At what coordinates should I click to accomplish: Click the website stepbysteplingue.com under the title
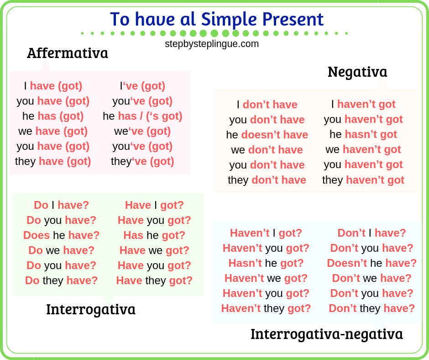tap(212, 44)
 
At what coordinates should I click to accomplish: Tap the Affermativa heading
tap(67, 53)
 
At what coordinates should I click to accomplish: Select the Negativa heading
tap(357, 72)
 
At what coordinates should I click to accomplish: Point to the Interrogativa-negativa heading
tap(327, 334)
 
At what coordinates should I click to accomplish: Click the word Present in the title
tap(293, 19)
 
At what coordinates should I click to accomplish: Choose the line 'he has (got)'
tap(53, 116)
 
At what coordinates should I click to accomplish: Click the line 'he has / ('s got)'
tap(142, 116)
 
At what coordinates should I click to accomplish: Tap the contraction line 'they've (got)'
tap(142, 161)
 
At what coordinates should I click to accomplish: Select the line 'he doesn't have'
tap(267, 135)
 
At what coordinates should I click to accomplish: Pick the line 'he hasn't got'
tap(363, 134)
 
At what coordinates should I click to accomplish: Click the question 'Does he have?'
tap(61, 235)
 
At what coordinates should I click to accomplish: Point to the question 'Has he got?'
tap(154, 235)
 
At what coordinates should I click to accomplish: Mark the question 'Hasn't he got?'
tap(266, 263)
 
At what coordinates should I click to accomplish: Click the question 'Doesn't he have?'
tap(371, 263)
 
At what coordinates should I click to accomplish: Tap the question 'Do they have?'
tap(61, 281)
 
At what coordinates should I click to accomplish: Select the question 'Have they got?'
tap(154, 281)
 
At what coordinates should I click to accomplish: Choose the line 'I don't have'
tap(267, 105)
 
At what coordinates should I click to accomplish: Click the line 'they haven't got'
tap(363, 180)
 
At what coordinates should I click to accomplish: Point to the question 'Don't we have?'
tap(371, 278)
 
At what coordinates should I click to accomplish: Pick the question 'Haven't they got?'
tap(266, 308)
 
